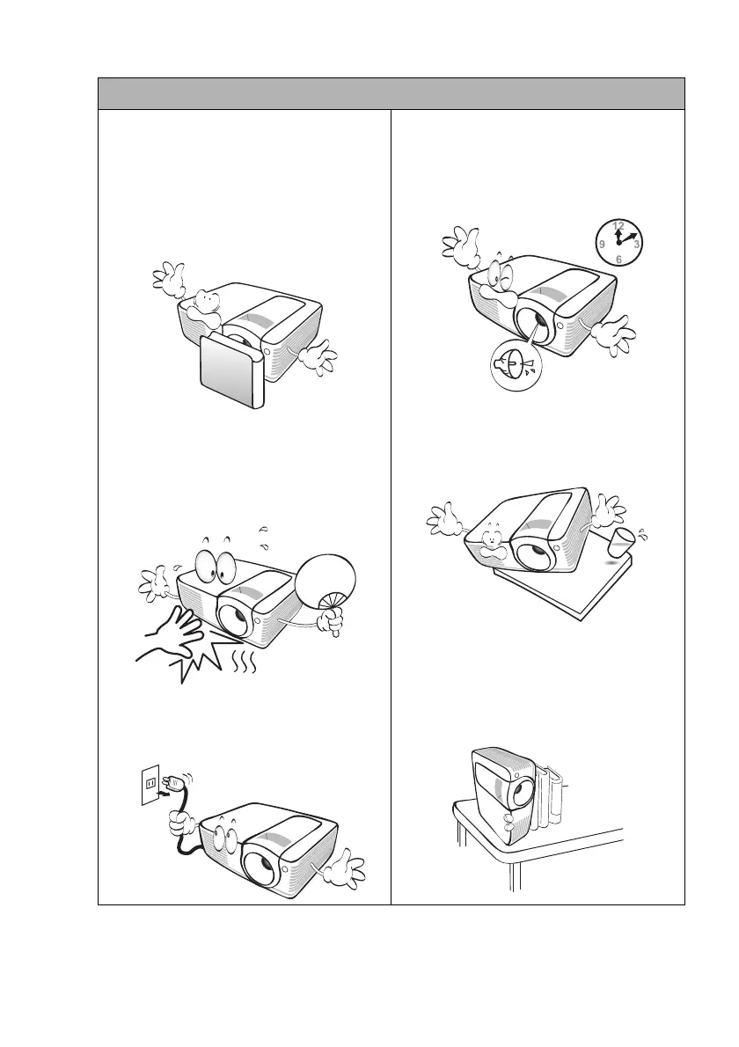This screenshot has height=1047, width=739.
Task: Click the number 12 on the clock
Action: (618, 226)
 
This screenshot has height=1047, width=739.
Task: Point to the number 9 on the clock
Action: (601, 244)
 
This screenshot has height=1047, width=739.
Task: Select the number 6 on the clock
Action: (618, 260)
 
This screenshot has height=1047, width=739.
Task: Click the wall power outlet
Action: (152, 780)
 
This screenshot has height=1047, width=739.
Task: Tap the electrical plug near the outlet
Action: (175, 780)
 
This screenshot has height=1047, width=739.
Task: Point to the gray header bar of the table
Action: (391, 93)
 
